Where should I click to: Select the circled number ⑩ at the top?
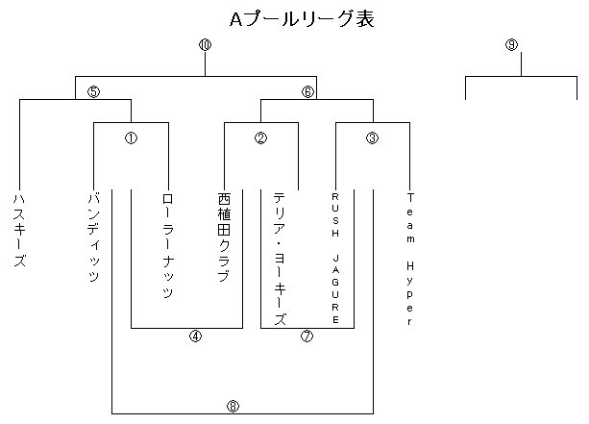pos(205,45)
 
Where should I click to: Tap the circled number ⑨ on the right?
pos(511,45)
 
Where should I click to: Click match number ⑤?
pos(93,91)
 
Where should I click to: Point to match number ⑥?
pos(307,91)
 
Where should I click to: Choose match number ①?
pos(131,137)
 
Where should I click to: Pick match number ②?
pos(260,137)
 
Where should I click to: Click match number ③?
pos(373,137)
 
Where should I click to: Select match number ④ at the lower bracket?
pos(195,337)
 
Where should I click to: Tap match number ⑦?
pos(307,337)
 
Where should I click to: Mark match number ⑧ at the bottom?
pos(233,406)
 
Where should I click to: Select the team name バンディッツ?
pos(93,237)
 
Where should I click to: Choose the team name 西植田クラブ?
pos(224,237)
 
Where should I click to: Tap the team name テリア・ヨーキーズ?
pos(280,258)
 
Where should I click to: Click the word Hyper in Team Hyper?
pos(409,292)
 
